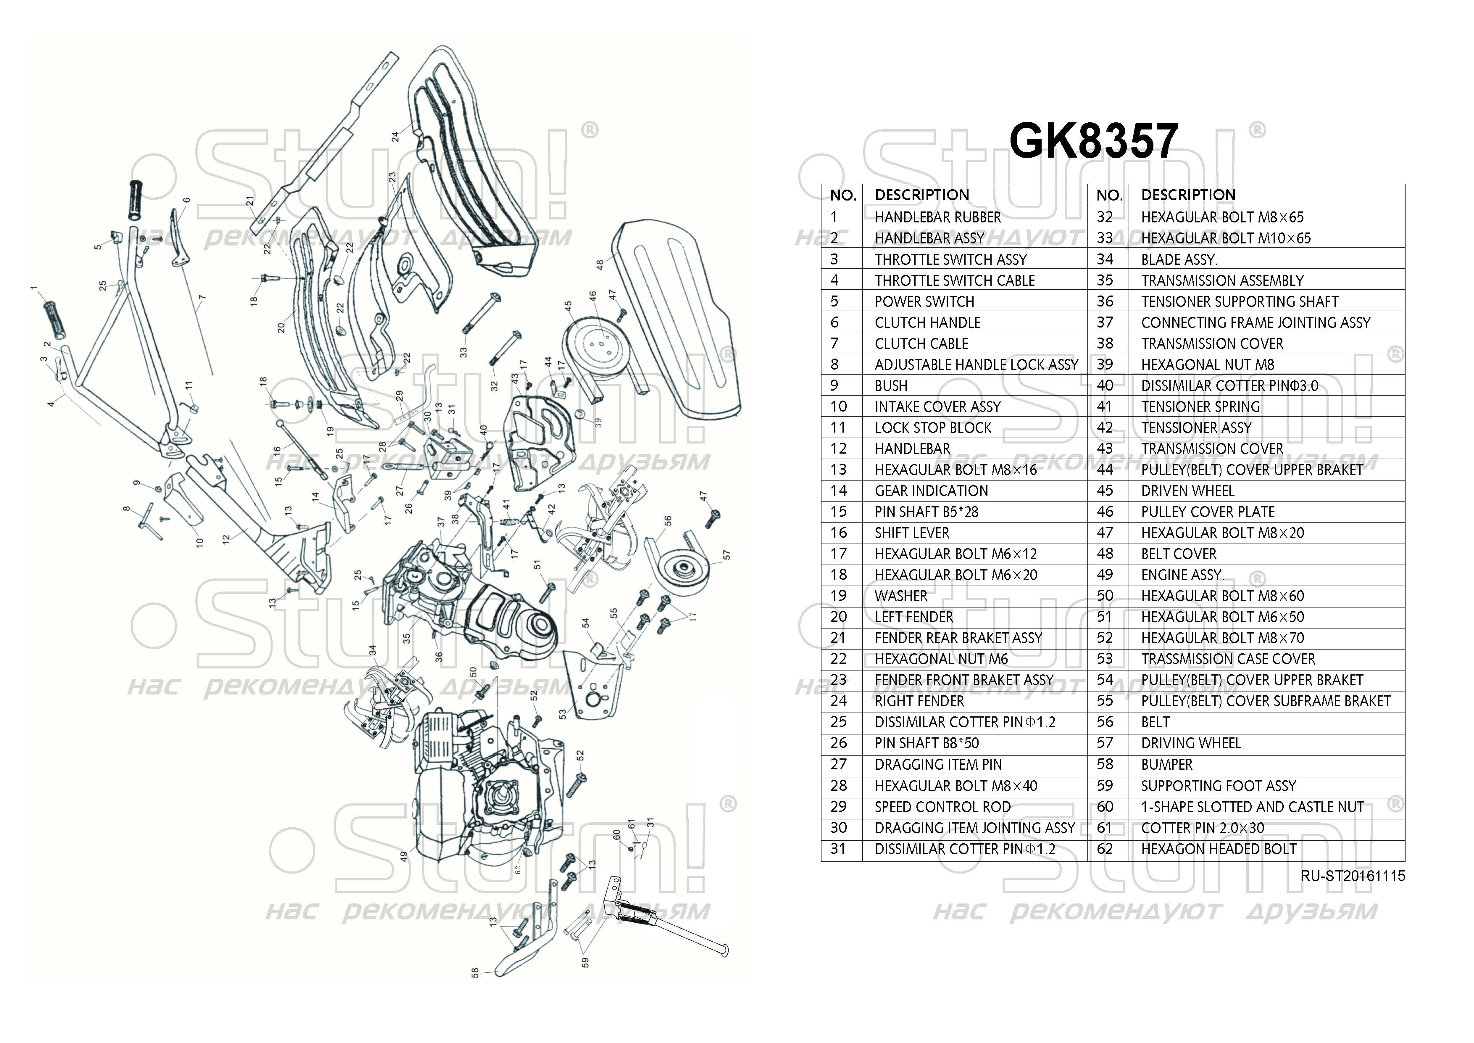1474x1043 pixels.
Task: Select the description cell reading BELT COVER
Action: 1178,554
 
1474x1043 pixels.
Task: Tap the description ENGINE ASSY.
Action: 1182,575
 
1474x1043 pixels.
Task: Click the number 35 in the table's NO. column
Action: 1104,281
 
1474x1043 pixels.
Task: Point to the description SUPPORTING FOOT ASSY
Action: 1218,786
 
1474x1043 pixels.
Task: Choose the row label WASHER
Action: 901,596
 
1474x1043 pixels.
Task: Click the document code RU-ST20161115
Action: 1353,876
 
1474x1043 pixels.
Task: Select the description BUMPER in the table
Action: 1166,765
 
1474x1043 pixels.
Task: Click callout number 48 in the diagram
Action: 600,264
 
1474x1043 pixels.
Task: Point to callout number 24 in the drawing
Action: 395,136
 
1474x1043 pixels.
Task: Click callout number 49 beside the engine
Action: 404,856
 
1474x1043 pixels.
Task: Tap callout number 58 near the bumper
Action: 475,973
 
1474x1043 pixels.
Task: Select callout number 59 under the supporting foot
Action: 585,963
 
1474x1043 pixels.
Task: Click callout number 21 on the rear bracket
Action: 250,201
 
